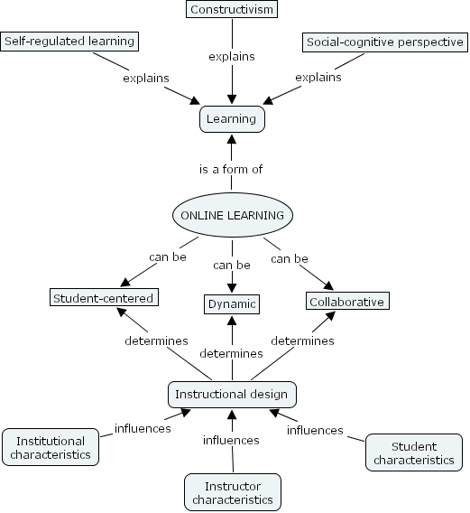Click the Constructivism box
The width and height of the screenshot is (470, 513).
click(x=232, y=10)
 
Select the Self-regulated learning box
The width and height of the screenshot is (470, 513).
click(x=69, y=42)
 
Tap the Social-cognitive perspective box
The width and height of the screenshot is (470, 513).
click(x=383, y=42)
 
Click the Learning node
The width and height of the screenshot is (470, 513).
click(x=232, y=118)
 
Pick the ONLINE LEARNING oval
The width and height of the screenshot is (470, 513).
click(x=232, y=215)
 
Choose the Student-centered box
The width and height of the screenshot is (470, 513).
click(x=103, y=297)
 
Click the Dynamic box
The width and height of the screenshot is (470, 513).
click(x=232, y=304)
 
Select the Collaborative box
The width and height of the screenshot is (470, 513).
click(x=347, y=302)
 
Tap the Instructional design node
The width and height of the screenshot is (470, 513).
click(x=232, y=395)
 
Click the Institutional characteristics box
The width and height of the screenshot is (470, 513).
click(x=52, y=447)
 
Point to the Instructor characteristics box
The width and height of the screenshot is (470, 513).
click(x=232, y=491)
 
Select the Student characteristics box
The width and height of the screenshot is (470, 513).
click(x=414, y=452)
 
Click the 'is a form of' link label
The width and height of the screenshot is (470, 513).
click(x=232, y=169)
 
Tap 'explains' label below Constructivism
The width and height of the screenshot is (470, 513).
click(x=232, y=56)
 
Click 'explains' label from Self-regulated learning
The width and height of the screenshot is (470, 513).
click(x=146, y=78)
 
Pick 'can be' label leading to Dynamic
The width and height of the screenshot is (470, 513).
click(x=232, y=265)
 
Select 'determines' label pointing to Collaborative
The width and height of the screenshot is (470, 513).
click(x=302, y=340)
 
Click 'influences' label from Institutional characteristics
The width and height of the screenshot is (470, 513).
click(x=143, y=428)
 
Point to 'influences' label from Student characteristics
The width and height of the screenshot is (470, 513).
click(x=315, y=430)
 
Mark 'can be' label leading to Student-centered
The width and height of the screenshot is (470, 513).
click(x=168, y=257)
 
